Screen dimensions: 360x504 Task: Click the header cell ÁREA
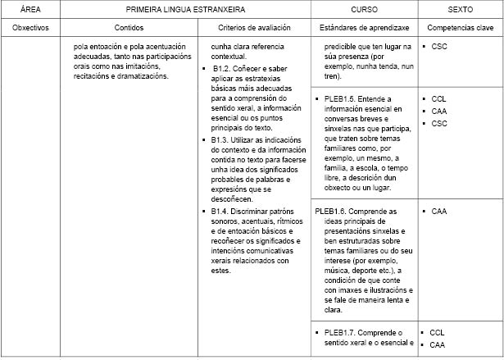click(x=32, y=9)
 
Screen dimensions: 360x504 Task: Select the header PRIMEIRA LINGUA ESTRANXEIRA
click(x=190, y=9)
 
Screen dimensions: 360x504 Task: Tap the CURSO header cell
click(x=364, y=9)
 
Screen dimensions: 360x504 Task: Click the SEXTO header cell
click(x=460, y=9)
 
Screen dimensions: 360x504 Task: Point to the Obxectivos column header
click(x=32, y=28)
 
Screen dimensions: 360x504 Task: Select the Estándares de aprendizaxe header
click(x=364, y=28)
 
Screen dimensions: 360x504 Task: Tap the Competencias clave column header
click(x=460, y=28)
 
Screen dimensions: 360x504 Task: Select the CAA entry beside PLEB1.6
click(x=438, y=212)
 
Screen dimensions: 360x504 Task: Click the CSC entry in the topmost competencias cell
click(x=438, y=48)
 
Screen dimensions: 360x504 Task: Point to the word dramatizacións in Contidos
click(x=143, y=76)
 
